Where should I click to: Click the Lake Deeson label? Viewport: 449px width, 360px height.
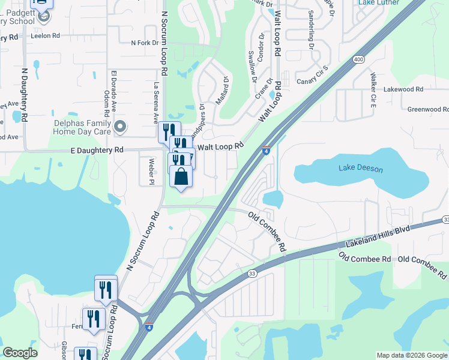[x=360, y=169]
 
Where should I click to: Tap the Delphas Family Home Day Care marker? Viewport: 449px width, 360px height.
[x=120, y=126]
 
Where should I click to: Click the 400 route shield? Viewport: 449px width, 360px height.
[x=359, y=59]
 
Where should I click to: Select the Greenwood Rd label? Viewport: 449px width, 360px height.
[x=427, y=109]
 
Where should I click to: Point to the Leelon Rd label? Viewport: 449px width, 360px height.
[x=48, y=36]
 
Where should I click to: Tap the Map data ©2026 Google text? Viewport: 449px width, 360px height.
[x=412, y=355]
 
